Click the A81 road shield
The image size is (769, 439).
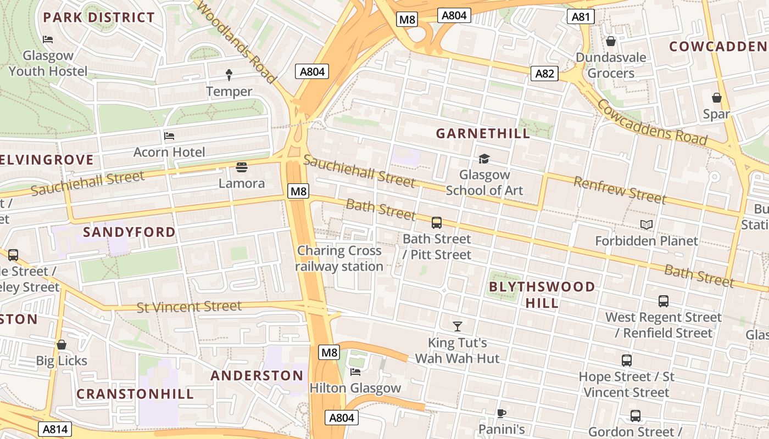coord(581,17)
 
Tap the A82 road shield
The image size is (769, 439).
coord(544,74)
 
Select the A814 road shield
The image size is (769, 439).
coord(55,429)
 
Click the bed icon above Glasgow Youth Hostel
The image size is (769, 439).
coord(48,40)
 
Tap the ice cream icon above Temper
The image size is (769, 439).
coord(229,75)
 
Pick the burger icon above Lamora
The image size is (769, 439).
coord(241,167)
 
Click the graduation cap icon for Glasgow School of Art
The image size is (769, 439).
coord(484,159)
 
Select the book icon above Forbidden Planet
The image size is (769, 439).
coord(647,225)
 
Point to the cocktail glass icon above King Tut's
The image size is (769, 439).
coord(457,327)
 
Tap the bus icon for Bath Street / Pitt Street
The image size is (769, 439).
coord(437,223)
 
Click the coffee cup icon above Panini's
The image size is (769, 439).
coord(501,413)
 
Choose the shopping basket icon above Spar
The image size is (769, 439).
coord(716,98)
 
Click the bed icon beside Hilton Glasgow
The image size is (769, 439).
coord(355,372)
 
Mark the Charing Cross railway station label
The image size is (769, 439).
coord(339,258)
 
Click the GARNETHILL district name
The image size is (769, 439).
coord(483,133)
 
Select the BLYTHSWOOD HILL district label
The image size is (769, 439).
coord(542,295)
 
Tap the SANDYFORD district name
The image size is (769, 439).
coord(129,232)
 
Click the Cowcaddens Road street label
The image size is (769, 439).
coord(652,122)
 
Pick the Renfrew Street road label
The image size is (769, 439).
coord(620,190)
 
